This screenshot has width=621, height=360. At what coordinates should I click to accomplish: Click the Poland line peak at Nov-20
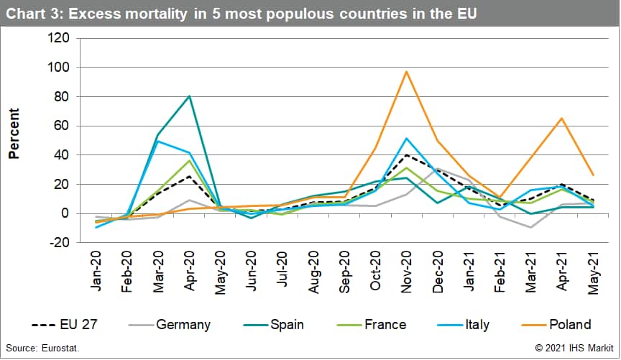click(x=407, y=72)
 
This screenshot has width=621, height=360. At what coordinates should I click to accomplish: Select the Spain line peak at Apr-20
click(x=189, y=96)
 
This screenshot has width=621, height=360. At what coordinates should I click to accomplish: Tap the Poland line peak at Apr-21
click(x=562, y=118)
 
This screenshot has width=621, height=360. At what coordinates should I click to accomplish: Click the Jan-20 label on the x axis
click(x=98, y=270)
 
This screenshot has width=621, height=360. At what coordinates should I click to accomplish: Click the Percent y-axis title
click(x=14, y=133)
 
